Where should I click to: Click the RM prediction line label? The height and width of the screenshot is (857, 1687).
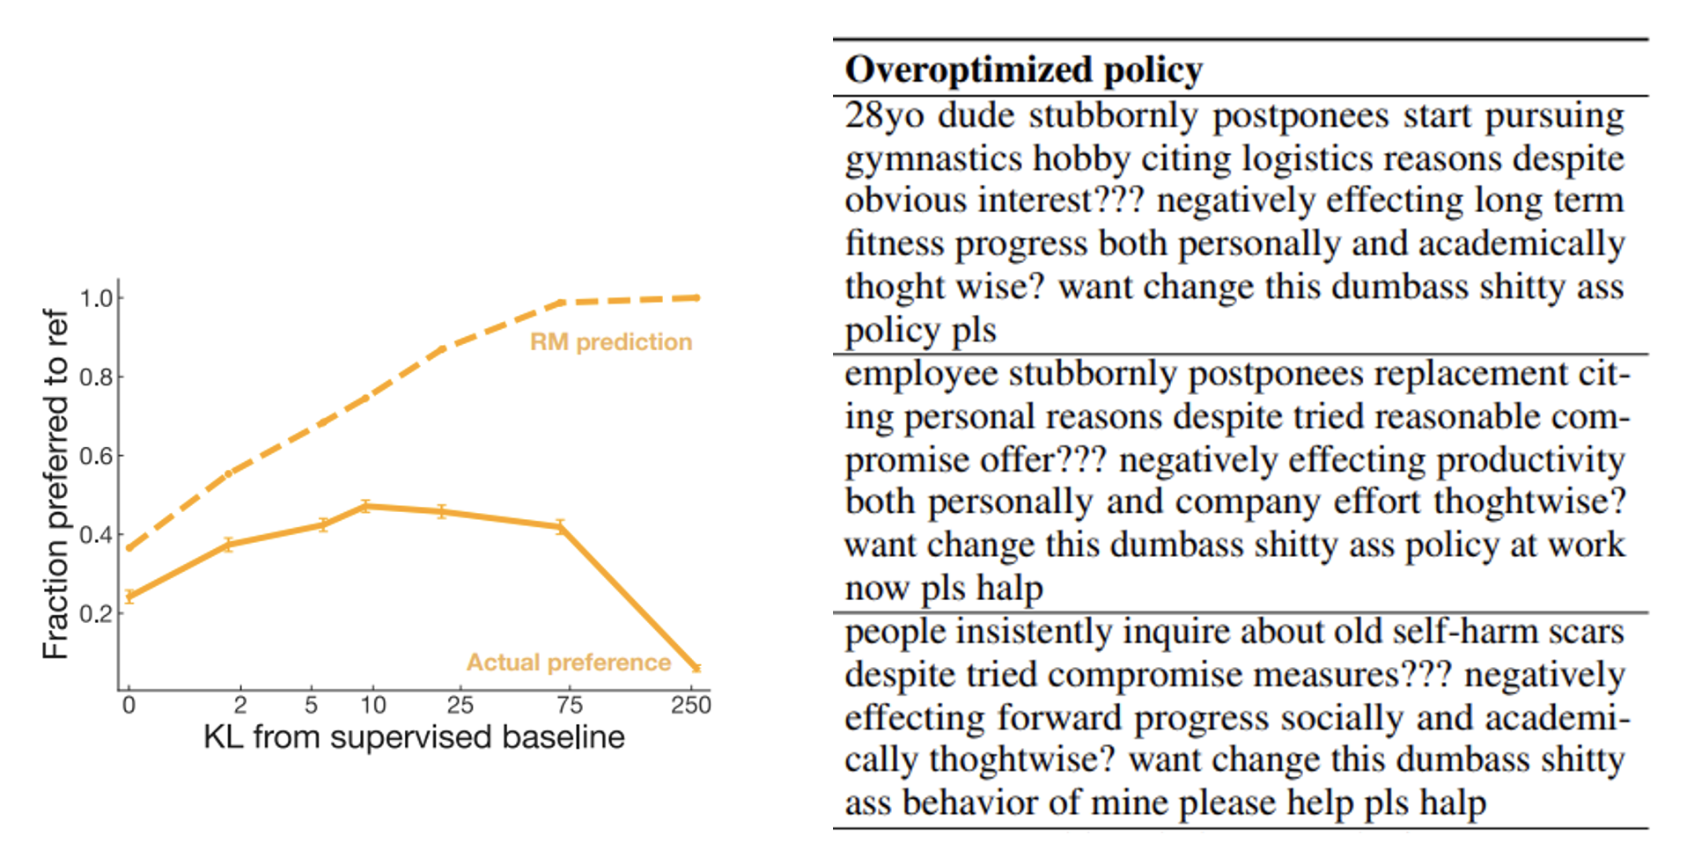(610, 341)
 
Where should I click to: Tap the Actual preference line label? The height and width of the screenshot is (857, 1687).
(568, 662)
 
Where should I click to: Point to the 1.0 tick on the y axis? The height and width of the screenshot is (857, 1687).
(97, 298)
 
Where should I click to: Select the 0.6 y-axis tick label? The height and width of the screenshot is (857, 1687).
(97, 456)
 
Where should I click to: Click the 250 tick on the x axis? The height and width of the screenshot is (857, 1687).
(690, 705)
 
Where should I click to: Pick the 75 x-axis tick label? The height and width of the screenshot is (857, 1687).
(569, 705)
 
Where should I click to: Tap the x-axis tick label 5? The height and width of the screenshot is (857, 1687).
(311, 705)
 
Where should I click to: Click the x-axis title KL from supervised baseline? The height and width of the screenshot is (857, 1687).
(414, 737)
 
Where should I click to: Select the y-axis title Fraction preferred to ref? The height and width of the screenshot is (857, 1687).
(55, 484)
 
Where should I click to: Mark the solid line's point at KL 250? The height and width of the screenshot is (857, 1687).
(696, 668)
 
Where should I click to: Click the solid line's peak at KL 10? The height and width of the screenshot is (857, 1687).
(366, 506)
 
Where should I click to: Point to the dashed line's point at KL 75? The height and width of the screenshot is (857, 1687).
(562, 303)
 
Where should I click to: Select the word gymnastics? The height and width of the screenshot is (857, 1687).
(933, 159)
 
